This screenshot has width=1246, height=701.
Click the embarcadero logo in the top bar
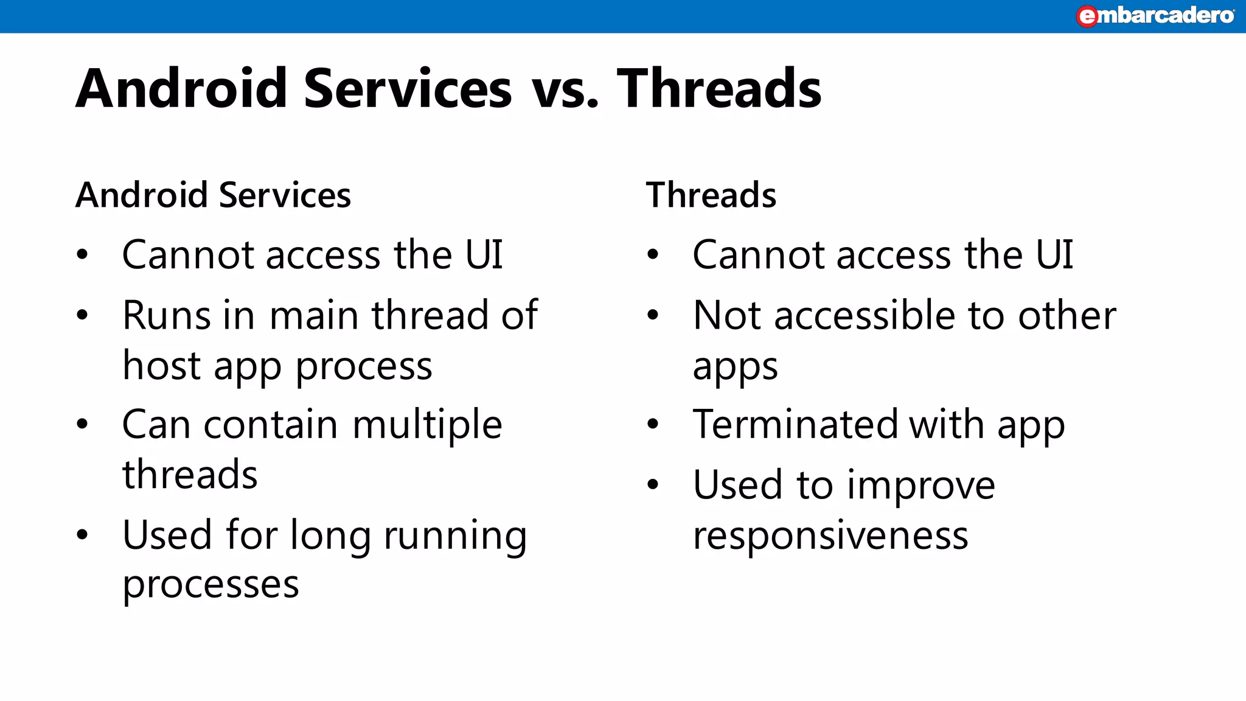coord(1155,16)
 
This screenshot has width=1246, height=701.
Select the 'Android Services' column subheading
coord(214,195)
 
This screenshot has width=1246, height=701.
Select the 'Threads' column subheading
coord(711,195)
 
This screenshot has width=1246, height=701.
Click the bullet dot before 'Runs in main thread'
coord(83,315)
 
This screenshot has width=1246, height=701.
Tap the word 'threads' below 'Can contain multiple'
coord(190,475)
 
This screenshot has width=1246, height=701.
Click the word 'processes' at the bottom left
coord(211,585)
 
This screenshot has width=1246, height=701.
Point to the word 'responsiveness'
coord(830,535)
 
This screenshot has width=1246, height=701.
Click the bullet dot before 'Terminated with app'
coord(653,424)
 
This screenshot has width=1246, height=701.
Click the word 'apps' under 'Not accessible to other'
coord(735,368)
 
